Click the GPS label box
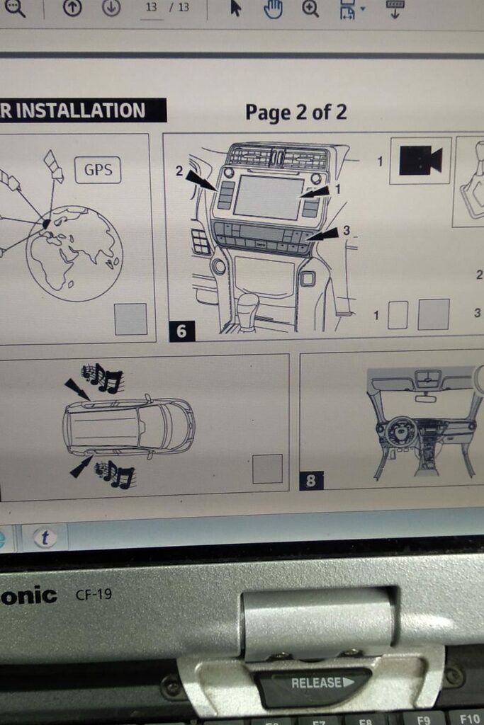(x=98, y=170)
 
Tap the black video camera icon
(x=421, y=161)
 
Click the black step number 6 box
(x=181, y=331)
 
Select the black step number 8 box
(x=311, y=481)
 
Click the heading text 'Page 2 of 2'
(x=296, y=113)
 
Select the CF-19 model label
(x=94, y=594)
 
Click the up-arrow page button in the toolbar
(x=72, y=6)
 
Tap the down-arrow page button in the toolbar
(x=111, y=6)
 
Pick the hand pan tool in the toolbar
(x=273, y=8)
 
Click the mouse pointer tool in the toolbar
(x=235, y=8)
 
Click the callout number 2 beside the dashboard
(x=179, y=171)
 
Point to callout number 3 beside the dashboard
(x=346, y=230)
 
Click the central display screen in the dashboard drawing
(x=269, y=198)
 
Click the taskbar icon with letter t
(x=45, y=538)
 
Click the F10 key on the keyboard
(x=469, y=719)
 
